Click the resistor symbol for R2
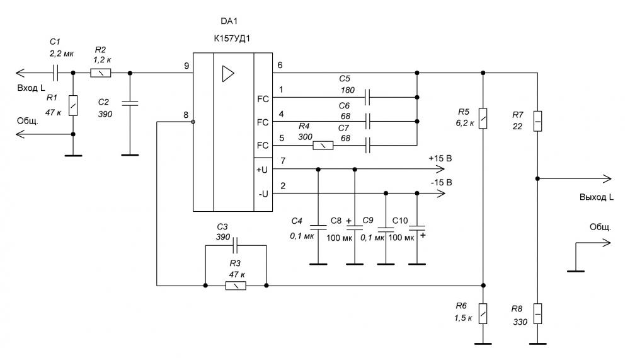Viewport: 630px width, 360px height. (x=100, y=73)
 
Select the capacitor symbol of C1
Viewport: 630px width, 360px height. (x=55, y=73)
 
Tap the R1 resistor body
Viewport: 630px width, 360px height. (x=72, y=106)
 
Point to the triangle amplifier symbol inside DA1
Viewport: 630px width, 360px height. (x=228, y=74)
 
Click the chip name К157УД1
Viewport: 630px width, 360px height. (x=232, y=38)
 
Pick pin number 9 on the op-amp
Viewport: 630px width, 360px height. (x=186, y=66)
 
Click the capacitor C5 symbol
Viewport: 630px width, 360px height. (x=367, y=97)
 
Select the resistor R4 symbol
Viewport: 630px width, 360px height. (x=323, y=145)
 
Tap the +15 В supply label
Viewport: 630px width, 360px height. (x=440, y=158)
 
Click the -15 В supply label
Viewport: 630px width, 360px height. (x=441, y=183)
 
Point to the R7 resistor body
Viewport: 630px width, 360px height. (x=537, y=121)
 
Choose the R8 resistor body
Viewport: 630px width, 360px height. (x=537, y=314)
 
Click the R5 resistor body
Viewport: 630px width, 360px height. (x=483, y=119)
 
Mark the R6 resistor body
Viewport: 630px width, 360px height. (x=483, y=314)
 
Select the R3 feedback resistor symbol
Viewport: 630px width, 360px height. (x=236, y=286)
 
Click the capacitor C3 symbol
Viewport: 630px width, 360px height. (x=236, y=245)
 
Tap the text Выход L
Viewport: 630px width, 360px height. (x=596, y=197)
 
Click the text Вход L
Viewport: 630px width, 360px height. (x=31, y=88)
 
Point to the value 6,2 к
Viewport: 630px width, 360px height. (x=464, y=123)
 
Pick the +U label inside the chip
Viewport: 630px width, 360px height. (x=262, y=170)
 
